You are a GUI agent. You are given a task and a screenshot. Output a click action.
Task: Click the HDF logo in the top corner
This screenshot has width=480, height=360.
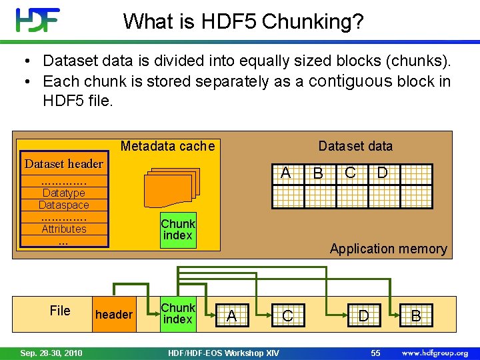[x=38, y=20]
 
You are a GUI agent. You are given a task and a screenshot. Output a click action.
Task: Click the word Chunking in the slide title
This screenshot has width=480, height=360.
[x=313, y=22]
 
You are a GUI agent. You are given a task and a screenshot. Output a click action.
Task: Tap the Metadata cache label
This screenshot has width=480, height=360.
[x=167, y=146]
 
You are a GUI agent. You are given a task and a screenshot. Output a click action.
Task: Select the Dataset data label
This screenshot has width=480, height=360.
[x=355, y=146]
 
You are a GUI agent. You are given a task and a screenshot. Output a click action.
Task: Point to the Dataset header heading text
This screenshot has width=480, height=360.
[x=64, y=164]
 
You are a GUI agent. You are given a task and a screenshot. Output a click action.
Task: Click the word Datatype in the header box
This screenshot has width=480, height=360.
[x=63, y=193]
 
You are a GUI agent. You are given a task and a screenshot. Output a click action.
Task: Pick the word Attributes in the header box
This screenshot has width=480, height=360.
[x=64, y=229]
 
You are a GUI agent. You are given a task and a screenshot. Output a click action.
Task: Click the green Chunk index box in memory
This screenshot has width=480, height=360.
[x=177, y=230]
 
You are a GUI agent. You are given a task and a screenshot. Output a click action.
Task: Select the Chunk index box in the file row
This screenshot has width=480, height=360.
[x=177, y=314]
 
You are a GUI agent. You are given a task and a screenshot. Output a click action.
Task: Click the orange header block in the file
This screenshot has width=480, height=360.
[x=114, y=315]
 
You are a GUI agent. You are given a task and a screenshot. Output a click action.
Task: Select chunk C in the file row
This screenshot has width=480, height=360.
[x=287, y=315]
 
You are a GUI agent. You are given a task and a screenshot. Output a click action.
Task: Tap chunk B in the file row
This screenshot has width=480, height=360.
[x=416, y=315]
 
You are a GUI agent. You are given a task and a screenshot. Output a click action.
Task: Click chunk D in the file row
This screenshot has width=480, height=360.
[x=363, y=315]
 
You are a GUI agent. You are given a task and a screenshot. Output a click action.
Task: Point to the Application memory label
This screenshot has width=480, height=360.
[x=388, y=249]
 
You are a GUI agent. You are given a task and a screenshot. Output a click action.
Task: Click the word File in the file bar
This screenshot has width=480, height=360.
[x=60, y=310]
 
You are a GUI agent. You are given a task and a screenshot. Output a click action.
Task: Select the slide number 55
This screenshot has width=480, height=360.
[x=375, y=353]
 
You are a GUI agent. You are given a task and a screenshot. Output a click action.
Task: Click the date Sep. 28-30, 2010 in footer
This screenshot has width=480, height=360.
[x=51, y=353]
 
